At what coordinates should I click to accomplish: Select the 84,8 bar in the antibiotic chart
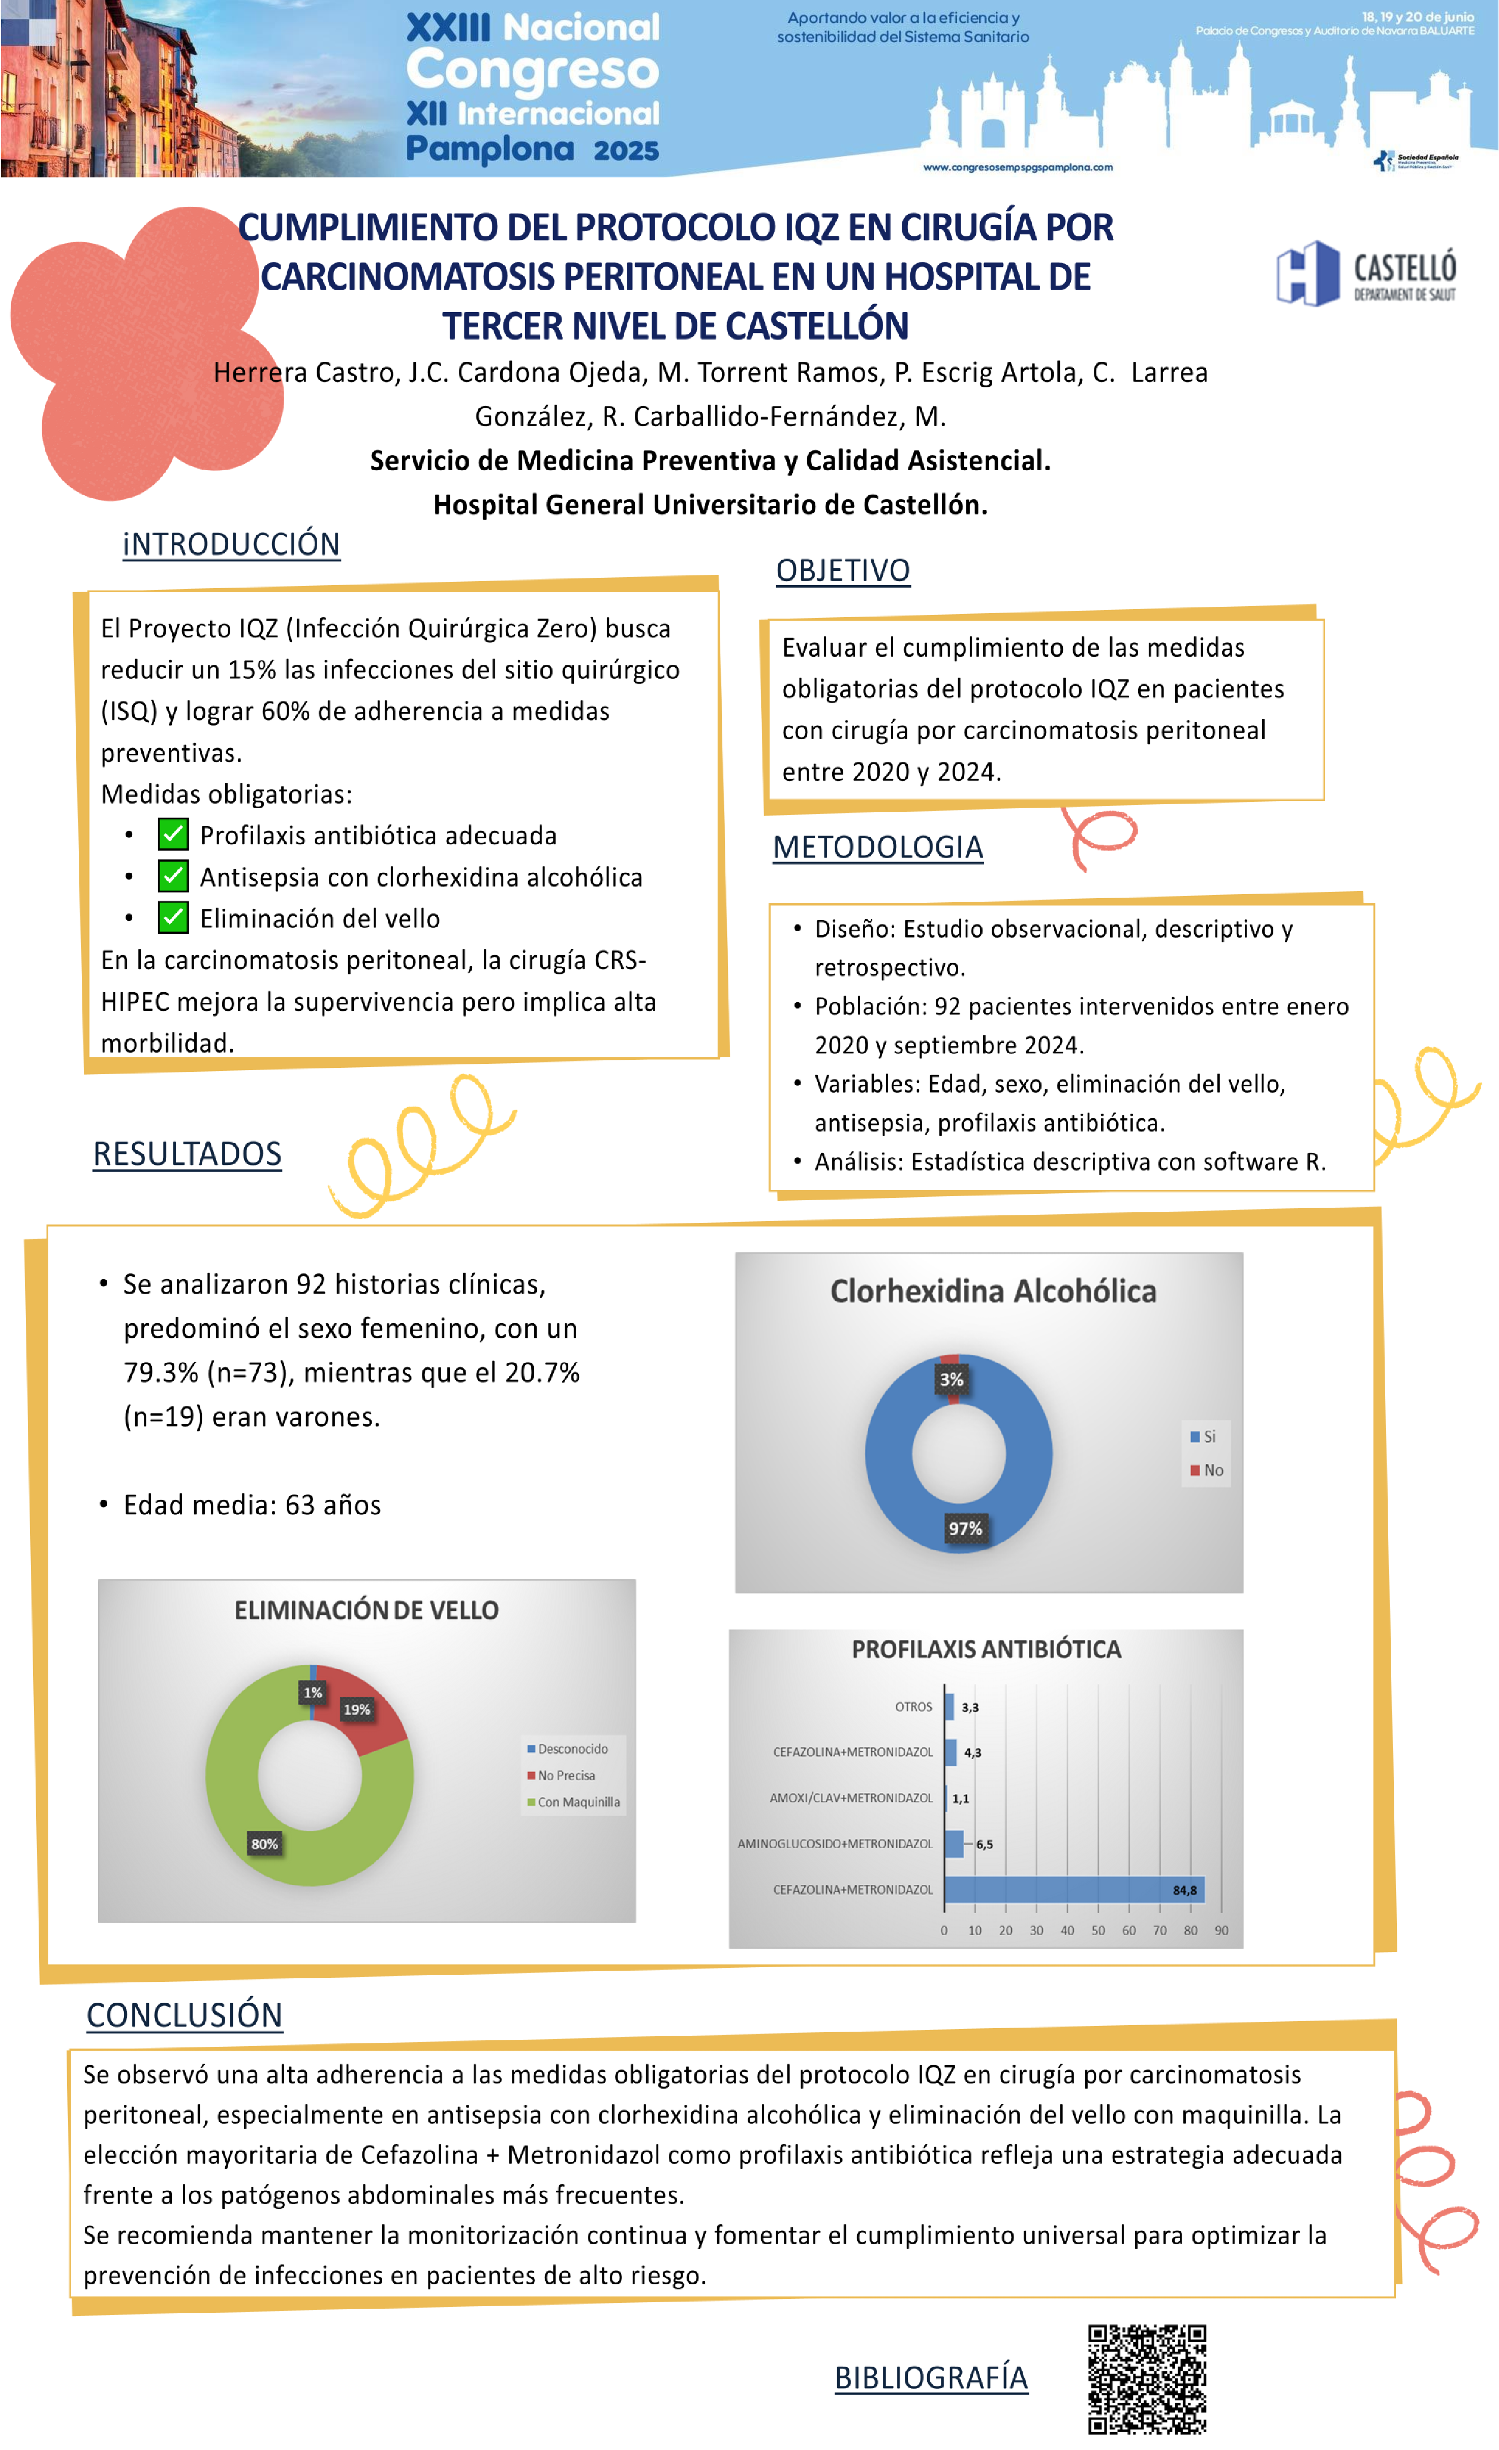(1074, 1889)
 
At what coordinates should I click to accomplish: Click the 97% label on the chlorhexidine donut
(964, 1528)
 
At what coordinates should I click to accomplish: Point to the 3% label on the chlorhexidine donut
(951, 1379)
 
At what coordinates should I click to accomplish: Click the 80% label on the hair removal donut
(264, 1844)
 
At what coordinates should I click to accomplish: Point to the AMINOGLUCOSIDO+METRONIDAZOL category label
(835, 1844)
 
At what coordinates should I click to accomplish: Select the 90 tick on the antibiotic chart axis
(1220, 1930)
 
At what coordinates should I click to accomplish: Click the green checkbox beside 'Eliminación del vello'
(173, 917)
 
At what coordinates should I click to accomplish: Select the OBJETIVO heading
(842, 571)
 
